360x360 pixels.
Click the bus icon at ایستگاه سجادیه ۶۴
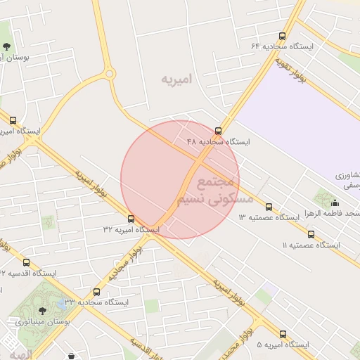(x=282, y=36)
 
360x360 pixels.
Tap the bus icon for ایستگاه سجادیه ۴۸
(x=218, y=130)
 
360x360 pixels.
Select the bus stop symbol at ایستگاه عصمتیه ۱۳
(x=269, y=207)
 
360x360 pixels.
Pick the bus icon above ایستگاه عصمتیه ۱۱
(x=311, y=235)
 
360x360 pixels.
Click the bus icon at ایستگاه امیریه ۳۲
(x=131, y=219)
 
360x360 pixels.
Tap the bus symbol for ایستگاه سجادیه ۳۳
(x=96, y=292)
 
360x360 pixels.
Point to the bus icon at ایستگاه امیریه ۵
(x=283, y=335)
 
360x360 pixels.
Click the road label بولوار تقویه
(x=284, y=71)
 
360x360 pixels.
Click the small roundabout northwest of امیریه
(x=109, y=73)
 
